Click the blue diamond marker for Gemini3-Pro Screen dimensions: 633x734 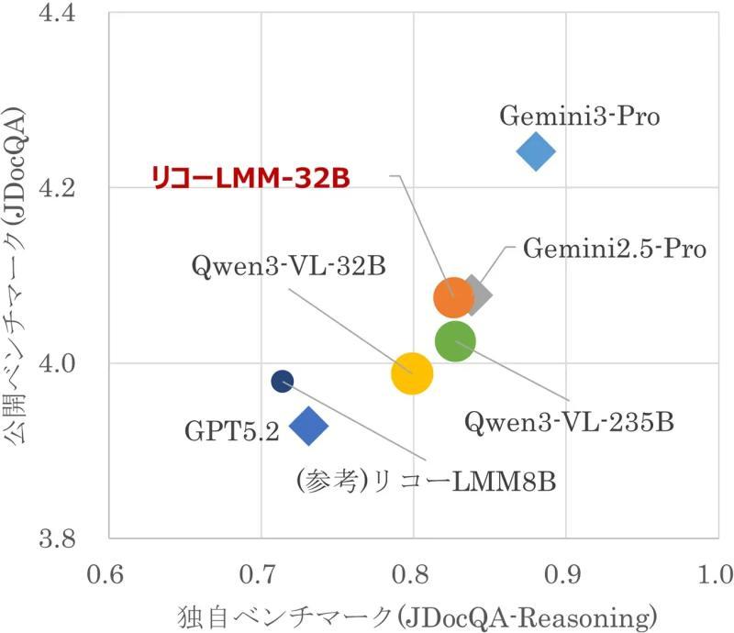click(x=536, y=150)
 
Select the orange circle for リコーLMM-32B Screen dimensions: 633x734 click(x=452, y=296)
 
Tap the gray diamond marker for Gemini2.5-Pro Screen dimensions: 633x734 click(x=474, y=294)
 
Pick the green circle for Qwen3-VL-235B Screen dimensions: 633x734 click(x=455, y=342)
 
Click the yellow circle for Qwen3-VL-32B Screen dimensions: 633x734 click(x=412, y=372)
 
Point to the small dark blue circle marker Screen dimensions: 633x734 click(x=283, y=381)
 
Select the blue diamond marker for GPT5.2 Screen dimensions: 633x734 click(x=308, y=425)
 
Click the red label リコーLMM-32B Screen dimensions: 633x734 click(x=250, y=177)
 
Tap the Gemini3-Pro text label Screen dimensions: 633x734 click(x=580, y=117)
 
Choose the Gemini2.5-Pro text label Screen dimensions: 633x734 click(x=615, y=249)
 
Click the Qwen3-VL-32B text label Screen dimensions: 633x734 click(x=288, y=267)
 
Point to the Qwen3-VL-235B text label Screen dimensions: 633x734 click(x=569, y=423)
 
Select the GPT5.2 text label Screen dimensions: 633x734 click(x=231, y=430)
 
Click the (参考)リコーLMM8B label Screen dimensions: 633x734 click(x=427, y=481)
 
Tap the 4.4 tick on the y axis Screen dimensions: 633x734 click(x=73, y=14)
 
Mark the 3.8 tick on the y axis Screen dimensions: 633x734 click(x=73, y=539)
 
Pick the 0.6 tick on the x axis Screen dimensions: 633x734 click(x=108, y=575)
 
